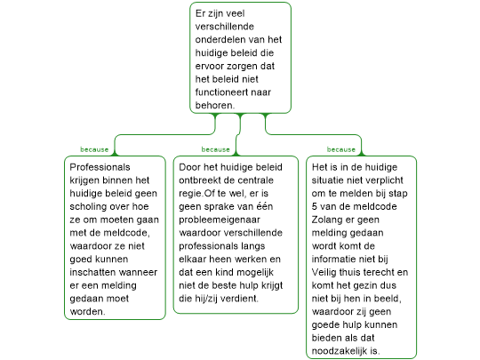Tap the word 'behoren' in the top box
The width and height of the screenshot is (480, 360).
214,105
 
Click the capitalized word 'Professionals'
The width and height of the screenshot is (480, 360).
100,167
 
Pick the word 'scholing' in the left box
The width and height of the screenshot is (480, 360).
88,206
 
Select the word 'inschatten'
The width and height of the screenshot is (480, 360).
90,272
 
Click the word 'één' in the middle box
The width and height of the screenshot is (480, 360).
265,206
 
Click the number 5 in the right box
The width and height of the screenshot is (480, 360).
315,206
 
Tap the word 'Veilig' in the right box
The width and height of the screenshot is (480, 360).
324,272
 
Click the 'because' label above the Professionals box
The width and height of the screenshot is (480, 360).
94,149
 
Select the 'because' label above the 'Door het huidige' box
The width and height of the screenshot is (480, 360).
215,149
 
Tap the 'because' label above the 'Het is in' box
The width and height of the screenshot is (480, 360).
341,149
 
